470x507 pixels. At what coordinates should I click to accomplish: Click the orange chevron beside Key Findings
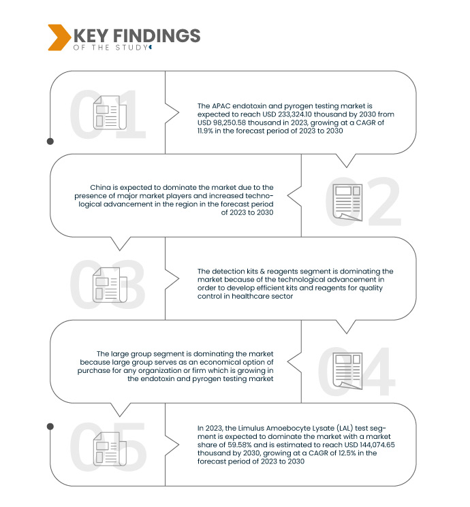(x=59, y=37)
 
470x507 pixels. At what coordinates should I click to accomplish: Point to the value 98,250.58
(x=229, y=123)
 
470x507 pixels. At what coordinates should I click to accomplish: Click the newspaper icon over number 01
(x=110, y=112)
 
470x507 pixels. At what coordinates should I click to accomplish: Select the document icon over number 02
(x=347, y=202)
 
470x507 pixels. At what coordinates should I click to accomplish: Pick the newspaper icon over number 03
(x=110, y=285)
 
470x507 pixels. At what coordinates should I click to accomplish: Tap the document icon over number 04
(x=347, y=371)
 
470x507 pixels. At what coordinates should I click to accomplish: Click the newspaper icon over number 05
(x=110, y=449)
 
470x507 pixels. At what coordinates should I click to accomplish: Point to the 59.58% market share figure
(x=240, y=445)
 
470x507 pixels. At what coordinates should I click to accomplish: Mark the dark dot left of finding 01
(x=50, y=142)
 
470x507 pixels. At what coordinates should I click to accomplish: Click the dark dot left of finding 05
(x=50, y=427)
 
